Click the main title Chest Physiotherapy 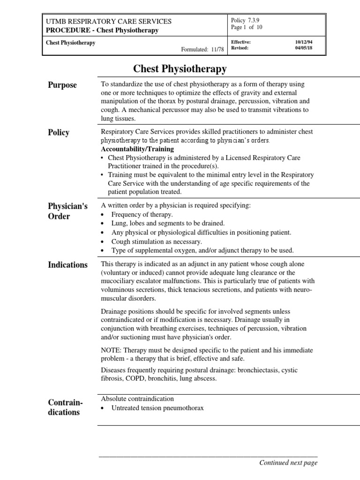(x=180, y=69)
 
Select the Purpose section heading (x=62, y=85)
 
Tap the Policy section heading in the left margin (x=59, y=133)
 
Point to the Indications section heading (x=67, y=265)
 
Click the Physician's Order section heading (x=67, y=211)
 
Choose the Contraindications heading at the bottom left (x=63, y=407)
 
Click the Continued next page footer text (x=288, y=463)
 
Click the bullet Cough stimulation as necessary (x=157, y=241)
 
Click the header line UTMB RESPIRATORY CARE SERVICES (x=108, y=22)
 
